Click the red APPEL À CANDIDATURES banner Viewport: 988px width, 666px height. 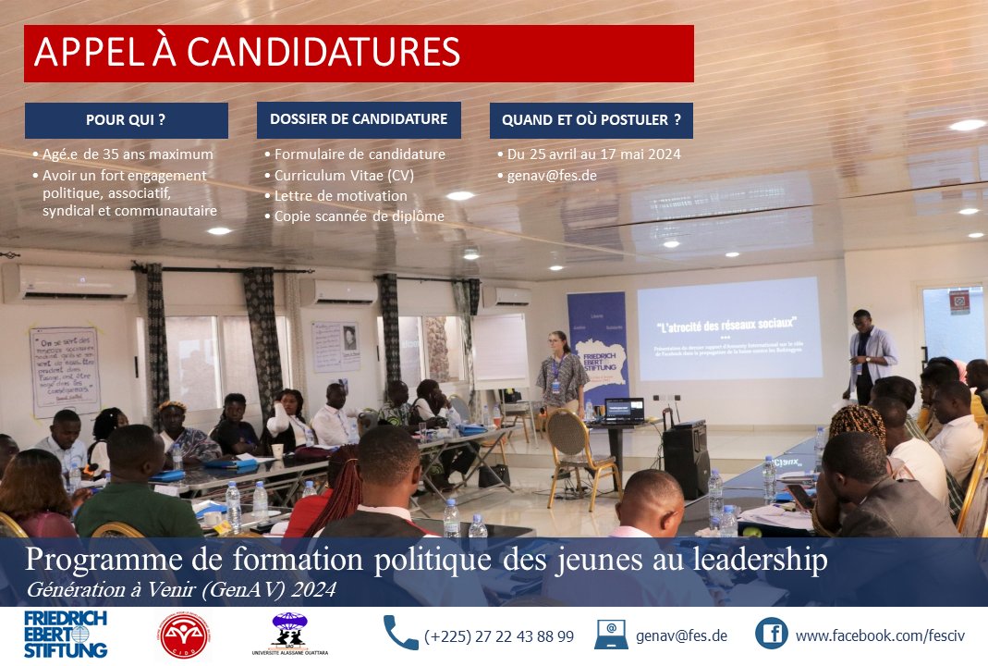pyautogui.click(x=359, y=54)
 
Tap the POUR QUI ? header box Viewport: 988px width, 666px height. pyautogui.click(x=126, y=120)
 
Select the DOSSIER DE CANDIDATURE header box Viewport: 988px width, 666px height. pyautogui.click(x=359, y=119)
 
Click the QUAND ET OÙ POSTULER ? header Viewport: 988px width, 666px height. pyautogui.click(x=591, y=120)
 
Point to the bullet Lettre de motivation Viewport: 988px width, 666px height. pyautogui.click(x=340, y=196)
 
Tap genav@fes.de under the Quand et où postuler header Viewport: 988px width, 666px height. pyautogui.click(x=546, y=175)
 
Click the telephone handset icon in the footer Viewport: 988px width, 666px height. pyautogui.click(x=400, y=634)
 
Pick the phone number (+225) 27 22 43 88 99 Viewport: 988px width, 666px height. pyautogui.click(x=499, y=636)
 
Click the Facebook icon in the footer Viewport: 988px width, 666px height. pyautogui.click(x=771, y=634)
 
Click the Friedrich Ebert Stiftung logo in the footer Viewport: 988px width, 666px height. pyautogui.click(x=66, y=634)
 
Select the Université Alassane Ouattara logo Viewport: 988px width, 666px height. pyautogui.click(x=289, y=635)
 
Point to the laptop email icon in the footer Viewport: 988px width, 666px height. pyautogui.click(x=611, y=635)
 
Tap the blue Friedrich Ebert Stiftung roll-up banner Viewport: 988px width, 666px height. pyautogui.click(x=598, y=348)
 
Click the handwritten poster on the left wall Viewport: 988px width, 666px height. pyautogui.click(x=65, y=370)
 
